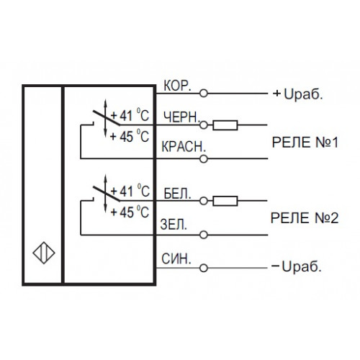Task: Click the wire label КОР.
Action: [x=177, y=86]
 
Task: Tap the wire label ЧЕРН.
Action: [x=182, y=117]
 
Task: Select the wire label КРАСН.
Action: [x=184, y=147]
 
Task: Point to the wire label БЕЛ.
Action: [x=177, y=194]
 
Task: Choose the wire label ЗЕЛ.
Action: [x=174, y=225]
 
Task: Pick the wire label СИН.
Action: [x=176, y=259]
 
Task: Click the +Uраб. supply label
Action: [x=298, y=94]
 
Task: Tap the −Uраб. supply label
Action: [x=297, y=266]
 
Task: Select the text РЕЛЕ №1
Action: [x=305, y=143]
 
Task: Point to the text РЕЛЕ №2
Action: [x=305, y=218]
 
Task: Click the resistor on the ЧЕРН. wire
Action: [x=225, y=125]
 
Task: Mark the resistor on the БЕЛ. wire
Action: [x=225, y=201]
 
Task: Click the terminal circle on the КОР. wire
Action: [x=204, y=93]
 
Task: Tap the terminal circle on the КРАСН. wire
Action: [x=204, y=158]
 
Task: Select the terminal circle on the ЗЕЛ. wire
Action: [x=204, y=235]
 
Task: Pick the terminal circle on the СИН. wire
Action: [x=204, y=268]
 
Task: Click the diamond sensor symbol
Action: [x=44, y=253]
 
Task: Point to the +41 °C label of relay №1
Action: [x=130, y=115]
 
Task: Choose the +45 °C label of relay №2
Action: [x=130, y=212]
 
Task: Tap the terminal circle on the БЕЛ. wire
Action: [x=204, y=201]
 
